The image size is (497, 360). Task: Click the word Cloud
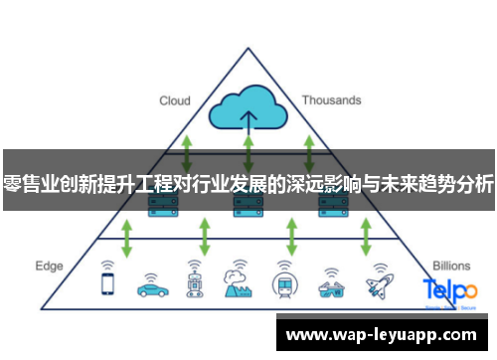175,100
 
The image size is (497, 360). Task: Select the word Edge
49,267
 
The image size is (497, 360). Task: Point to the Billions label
452,267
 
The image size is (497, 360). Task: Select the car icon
152,284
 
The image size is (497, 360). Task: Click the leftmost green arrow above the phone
126,238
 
